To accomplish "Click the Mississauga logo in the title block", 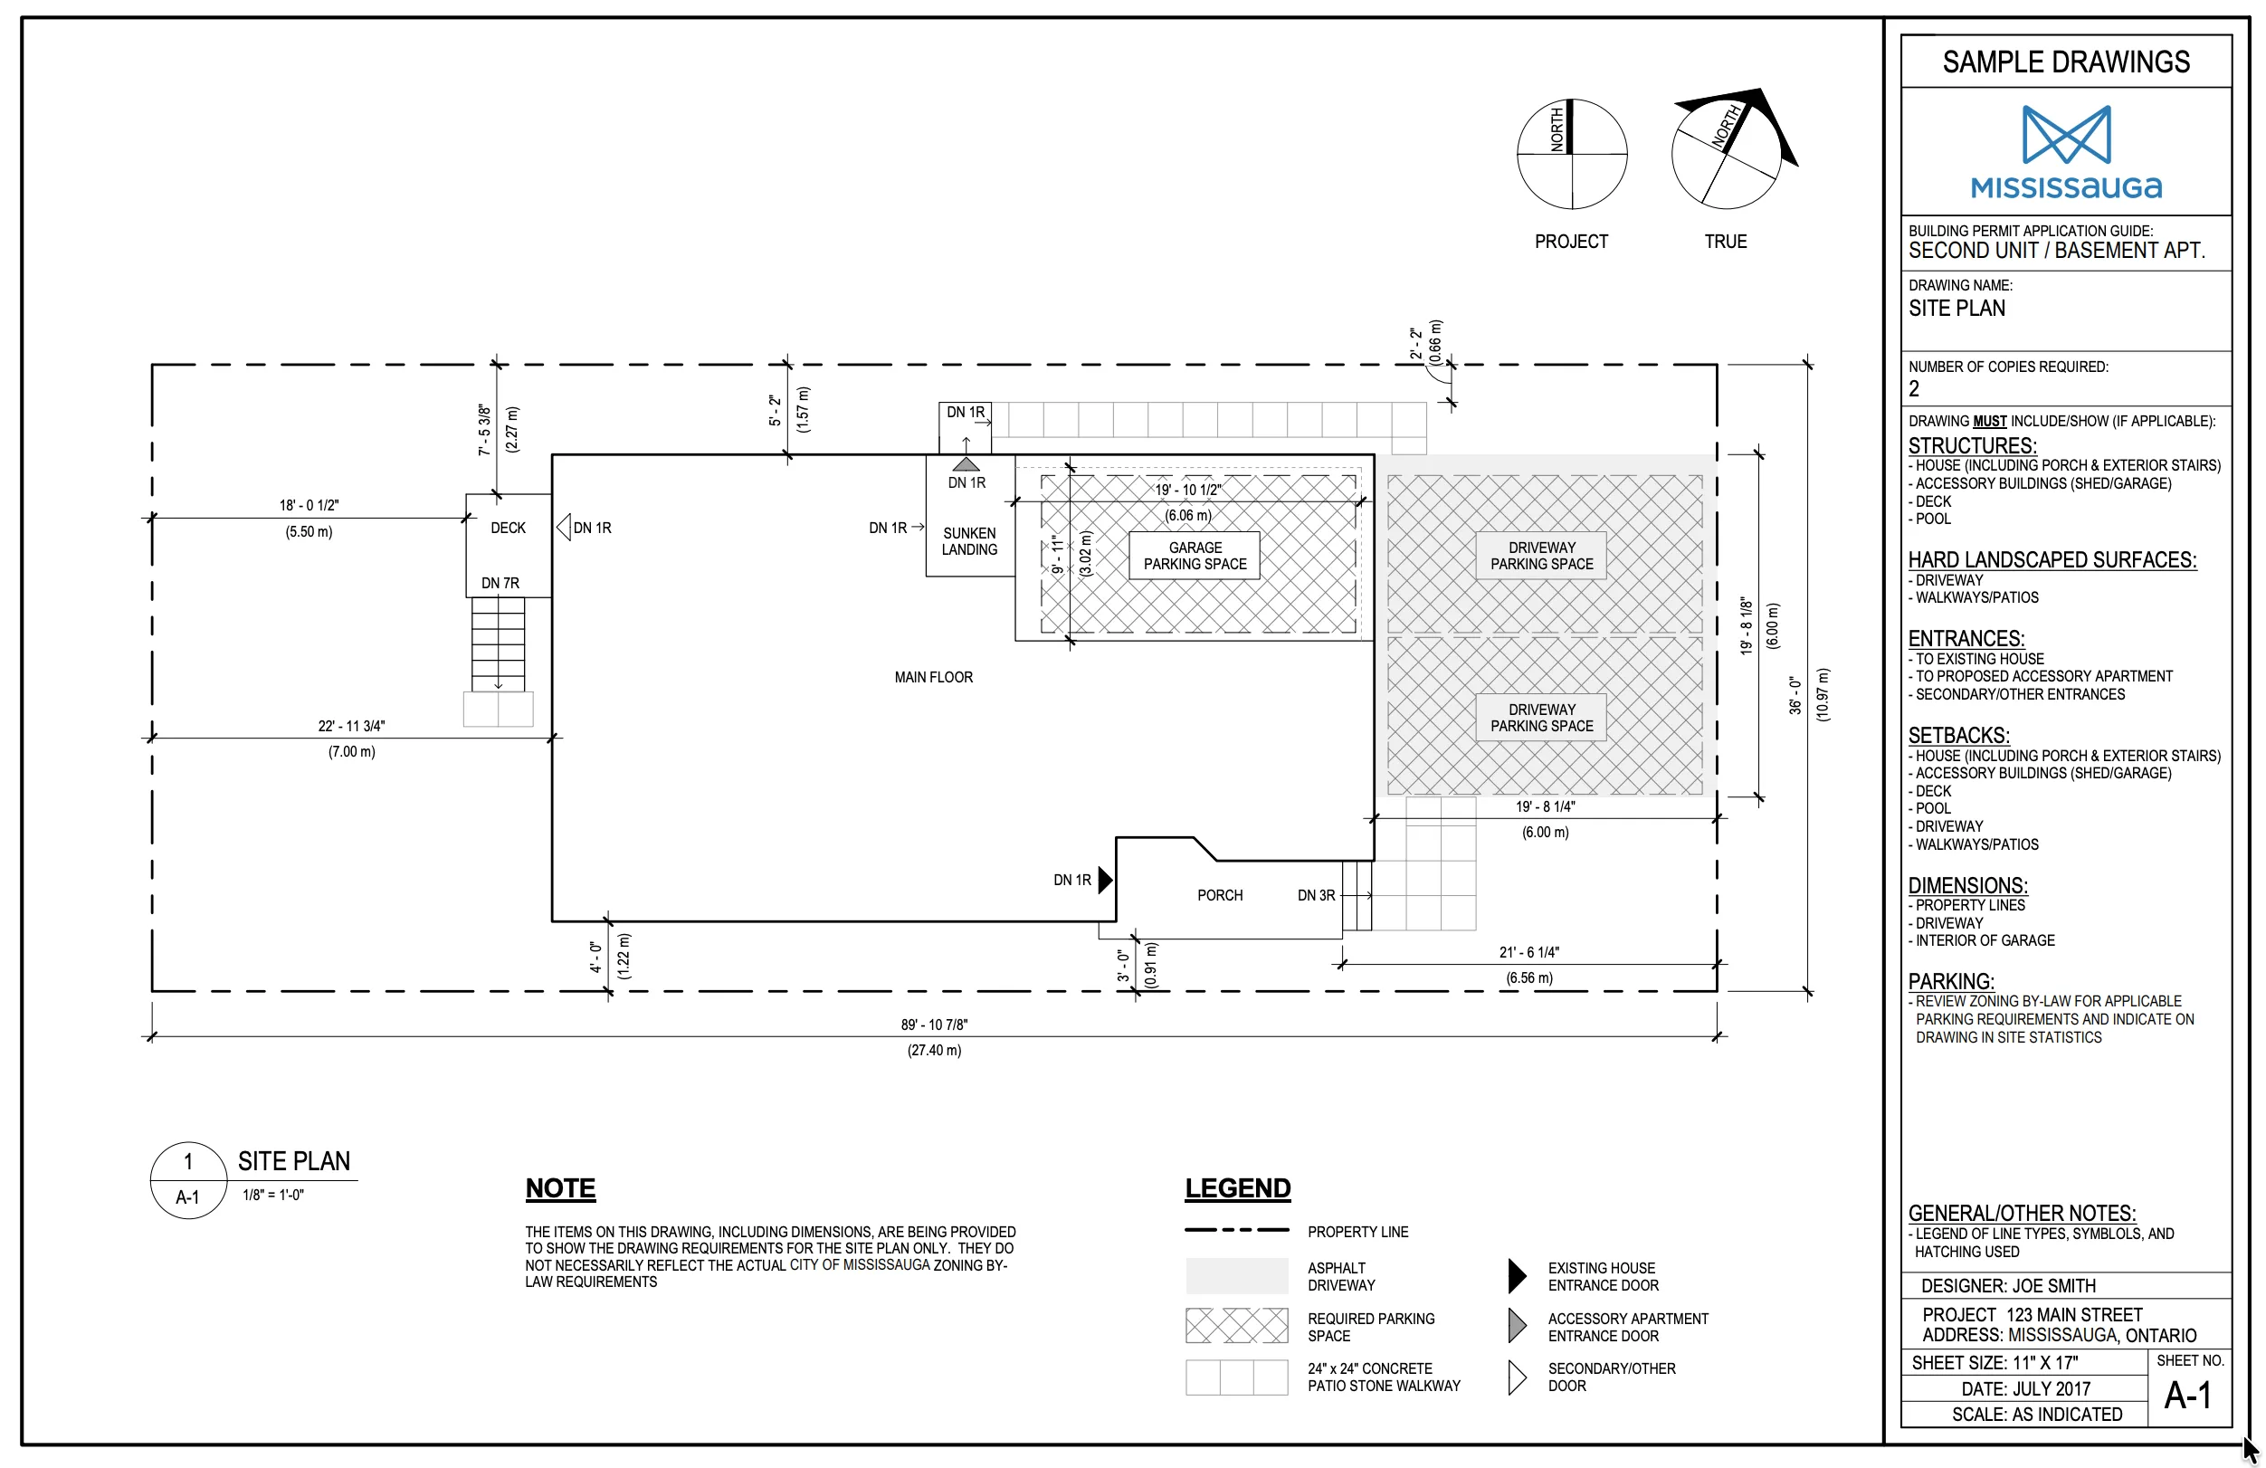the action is (x=2066, y=151).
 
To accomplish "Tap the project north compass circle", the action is (x=1572, y=153).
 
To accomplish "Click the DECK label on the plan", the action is (x=508, y=528).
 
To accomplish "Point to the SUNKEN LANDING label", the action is (x=969, y=540).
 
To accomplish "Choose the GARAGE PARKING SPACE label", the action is (x=1195, y=556).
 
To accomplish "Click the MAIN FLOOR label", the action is (x=933, y=677).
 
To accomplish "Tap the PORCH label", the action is (x=1220, y=895).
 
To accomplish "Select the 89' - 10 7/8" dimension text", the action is (x=934, y=1025).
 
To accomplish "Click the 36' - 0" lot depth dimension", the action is (x=1795, y=695).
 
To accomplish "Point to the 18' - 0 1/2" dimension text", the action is (x=309, y=504).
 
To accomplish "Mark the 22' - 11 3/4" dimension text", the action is (x=351, y=726).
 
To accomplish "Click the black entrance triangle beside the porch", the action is (x=1105, y=880).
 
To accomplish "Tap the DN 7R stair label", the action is (x=500, y=583).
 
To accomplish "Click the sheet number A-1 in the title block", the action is (x=2188, y=1396).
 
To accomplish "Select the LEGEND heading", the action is (x=1238, y=1188).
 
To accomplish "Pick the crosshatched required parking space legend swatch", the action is (x=1237, y=1325).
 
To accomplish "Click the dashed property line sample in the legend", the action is (x=1237, y=1230).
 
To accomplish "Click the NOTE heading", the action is (x=561, y=1188).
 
